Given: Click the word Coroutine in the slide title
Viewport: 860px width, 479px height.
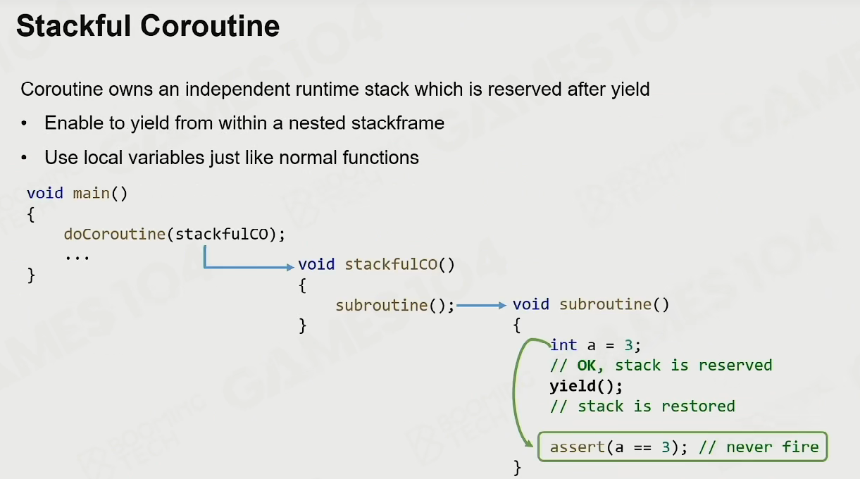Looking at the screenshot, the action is click(x=210, y=26).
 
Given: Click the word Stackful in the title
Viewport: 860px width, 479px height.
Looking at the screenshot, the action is click(x=74, y=26).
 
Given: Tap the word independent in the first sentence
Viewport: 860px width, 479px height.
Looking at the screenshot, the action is click(x=237, y=89).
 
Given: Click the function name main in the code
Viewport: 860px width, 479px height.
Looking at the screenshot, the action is click(x=92, y=193).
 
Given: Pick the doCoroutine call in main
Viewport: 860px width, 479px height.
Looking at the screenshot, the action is click(x=114, y=234).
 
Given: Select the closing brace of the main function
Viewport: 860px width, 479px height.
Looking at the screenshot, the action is click(x=31, y=275).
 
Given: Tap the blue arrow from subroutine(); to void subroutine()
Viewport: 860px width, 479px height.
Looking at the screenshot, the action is click(x=482, y=306).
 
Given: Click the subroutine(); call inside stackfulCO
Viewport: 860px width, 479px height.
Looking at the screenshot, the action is click(x=395, y=306).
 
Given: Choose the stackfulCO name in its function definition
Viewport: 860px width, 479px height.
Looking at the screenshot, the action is click(x=391, y=264).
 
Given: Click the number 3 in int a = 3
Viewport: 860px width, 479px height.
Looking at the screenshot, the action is click(x=628, y=345).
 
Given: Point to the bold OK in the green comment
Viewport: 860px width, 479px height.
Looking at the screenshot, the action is click(x=587, y=366).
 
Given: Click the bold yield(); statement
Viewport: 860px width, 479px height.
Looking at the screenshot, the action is click(x=586, y=387).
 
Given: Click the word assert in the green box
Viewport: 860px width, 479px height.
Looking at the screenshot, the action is click(x=578, y=447).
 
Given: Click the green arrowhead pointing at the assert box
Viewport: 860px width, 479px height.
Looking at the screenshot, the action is click(x=528, y=443).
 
